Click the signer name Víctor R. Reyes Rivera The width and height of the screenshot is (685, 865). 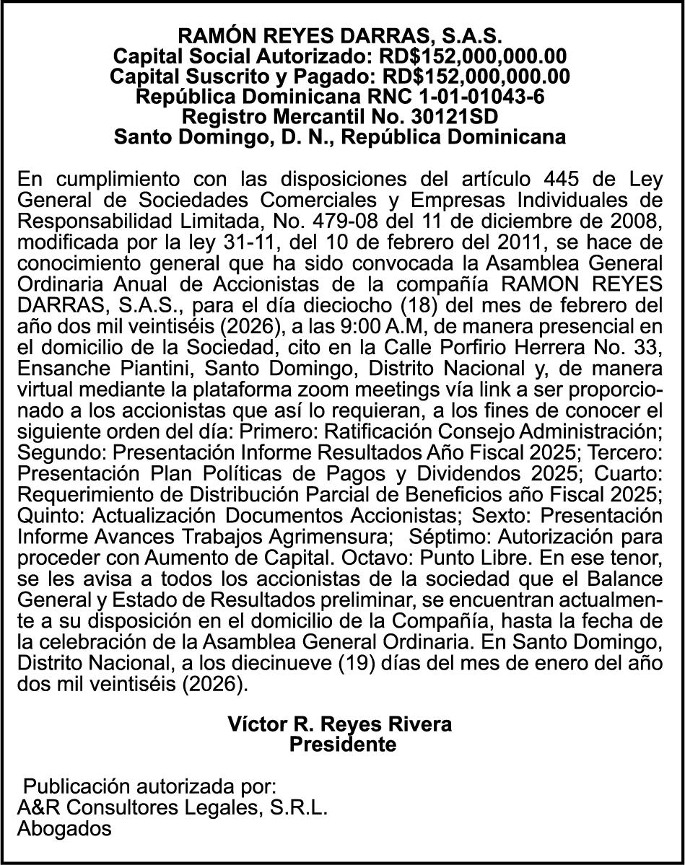pos(340,724)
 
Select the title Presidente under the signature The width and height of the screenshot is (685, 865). pos(342,745)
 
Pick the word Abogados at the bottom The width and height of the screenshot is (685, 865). pos(64,829)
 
